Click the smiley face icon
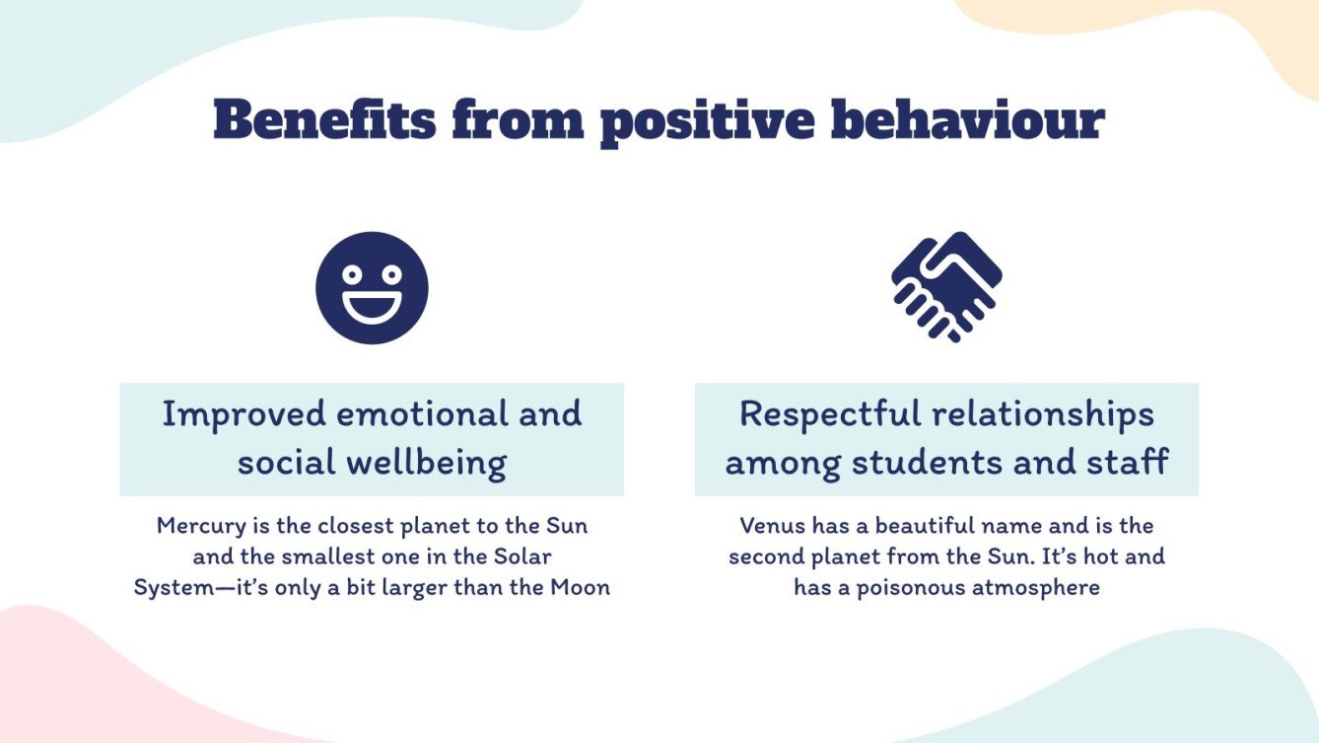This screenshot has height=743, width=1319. pyautogui.click(x=372, y=287)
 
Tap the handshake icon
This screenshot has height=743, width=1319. pyautogui.click(x=946, y=286)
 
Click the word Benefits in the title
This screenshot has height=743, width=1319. pyautogui.click(x=323, y=121)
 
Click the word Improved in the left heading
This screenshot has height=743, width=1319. pyautogui.click(x=243, y=413)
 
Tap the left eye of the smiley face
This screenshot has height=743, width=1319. pyautogui.click(x=350, y=273)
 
